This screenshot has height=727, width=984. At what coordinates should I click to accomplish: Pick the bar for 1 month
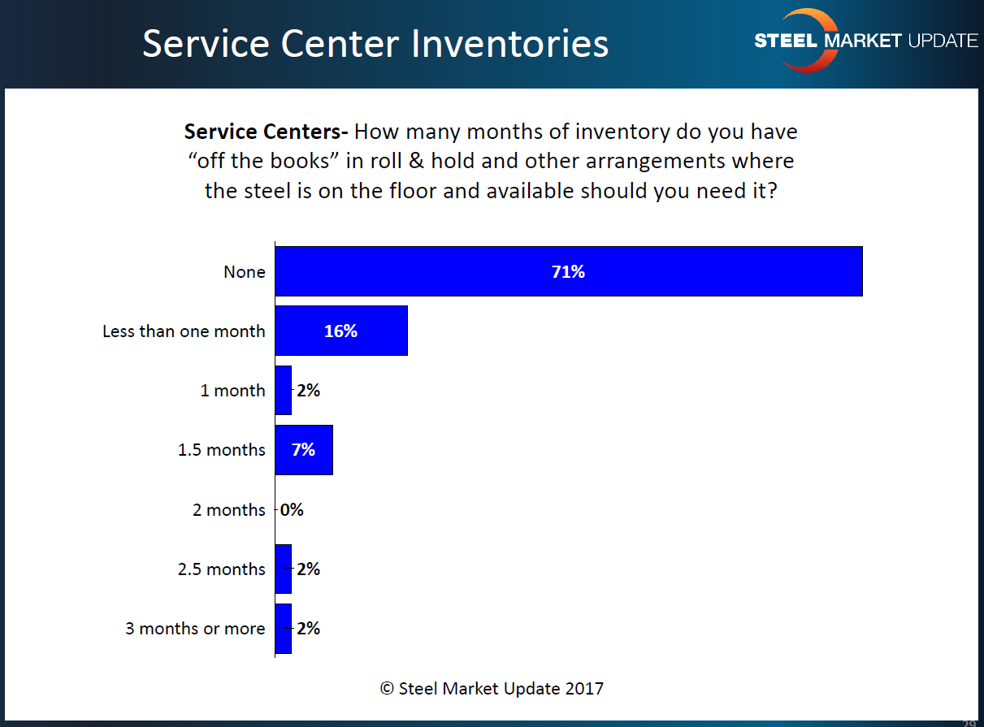point(283,391)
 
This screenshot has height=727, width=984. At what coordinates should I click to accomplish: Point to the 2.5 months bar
point(283,569)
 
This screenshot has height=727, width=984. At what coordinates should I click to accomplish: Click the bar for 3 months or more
point(283,629)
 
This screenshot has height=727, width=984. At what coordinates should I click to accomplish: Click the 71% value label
point(568,272)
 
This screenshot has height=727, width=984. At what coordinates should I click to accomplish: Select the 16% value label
point(340,331)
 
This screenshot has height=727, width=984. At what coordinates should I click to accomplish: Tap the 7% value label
point(303,450)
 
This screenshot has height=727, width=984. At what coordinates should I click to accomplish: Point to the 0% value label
point(292,510)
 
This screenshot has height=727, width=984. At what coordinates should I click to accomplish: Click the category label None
point(245,272)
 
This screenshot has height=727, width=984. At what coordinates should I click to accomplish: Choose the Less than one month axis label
point(184,331)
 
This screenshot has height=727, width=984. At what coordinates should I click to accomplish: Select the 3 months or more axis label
point(195,629)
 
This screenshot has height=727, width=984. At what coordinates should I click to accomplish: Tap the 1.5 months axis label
point(222,450)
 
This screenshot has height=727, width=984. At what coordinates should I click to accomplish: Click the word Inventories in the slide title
point(510,44)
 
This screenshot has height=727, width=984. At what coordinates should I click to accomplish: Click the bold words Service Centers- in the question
point(266,132)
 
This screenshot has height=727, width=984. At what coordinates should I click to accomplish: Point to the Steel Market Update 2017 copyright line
point(492,689)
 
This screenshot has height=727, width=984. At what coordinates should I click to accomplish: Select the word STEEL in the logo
point(785,41)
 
